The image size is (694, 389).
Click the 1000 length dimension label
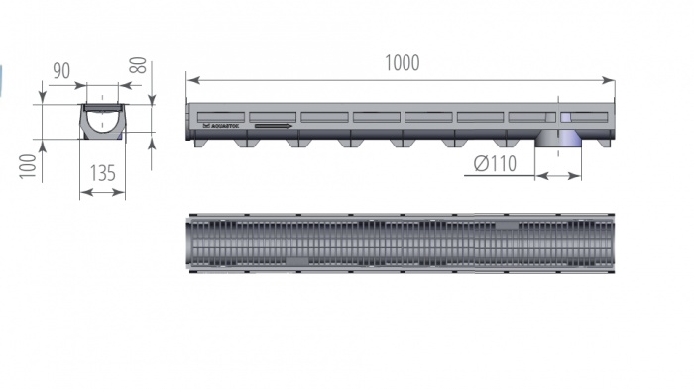(402, 63)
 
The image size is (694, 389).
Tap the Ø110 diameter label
(495, 164)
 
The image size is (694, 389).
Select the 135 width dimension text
(102, 174)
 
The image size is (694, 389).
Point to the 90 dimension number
(61, 71)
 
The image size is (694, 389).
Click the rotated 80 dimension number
(138, 65)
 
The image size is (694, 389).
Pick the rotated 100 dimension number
(28, 166)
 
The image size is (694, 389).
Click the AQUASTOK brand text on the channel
(220, 126)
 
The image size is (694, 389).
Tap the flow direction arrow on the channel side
(274, 126)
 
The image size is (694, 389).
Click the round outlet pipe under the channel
(557, 140)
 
